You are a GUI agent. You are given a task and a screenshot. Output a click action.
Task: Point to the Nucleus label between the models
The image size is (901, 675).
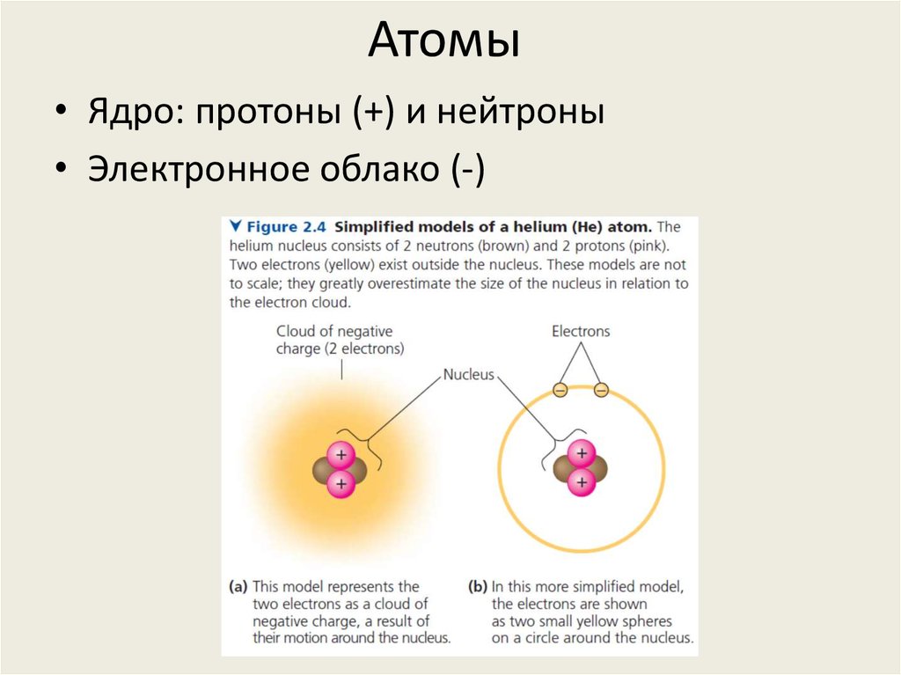[x=468, y=374]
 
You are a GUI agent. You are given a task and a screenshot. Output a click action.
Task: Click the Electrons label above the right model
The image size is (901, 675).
[x=580, y=332]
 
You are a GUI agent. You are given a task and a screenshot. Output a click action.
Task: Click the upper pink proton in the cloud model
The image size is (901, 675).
[x=341, y=455]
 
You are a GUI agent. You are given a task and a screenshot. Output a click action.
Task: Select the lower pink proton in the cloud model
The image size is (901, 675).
[x=341, y=482]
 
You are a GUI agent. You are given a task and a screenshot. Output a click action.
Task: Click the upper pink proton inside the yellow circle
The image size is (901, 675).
[x=581, y=455]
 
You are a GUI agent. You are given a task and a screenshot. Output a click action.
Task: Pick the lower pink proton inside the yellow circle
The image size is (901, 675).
[x=581, y=482]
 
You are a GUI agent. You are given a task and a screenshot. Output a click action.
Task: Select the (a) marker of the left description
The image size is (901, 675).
[x=238, y=586]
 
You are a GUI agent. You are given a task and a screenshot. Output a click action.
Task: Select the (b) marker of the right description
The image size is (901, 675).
[x=476, y=586]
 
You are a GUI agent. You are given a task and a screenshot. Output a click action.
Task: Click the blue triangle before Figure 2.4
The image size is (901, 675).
[x=236, y=227]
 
